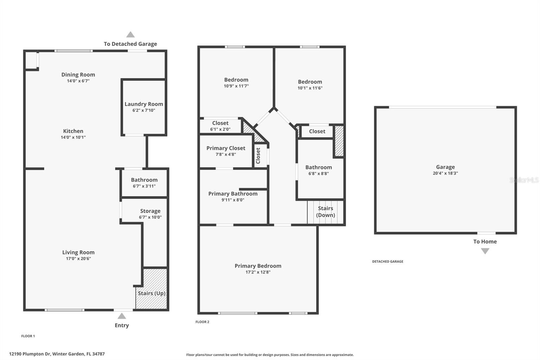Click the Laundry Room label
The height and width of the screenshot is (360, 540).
pos(144,104)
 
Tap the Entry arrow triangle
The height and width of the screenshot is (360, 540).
pos(122,316)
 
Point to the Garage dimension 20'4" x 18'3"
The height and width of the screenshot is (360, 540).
pos(445,173)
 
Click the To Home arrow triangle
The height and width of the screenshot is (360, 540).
pos(485,251)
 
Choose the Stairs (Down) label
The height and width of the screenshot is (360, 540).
pos(325,212)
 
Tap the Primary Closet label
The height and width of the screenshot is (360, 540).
pos(226,148)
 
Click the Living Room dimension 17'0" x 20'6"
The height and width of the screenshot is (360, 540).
pos(78,259)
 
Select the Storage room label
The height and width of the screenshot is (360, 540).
pos(150,211)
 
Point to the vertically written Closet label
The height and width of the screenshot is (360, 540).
pos(258,156)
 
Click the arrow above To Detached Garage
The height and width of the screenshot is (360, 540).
pos(131,34)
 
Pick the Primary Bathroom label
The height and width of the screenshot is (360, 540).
pos(233,194)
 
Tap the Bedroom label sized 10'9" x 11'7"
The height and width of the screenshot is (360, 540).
pos(236,80)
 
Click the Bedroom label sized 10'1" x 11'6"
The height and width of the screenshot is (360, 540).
pos(310,82)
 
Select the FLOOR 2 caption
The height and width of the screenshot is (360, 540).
pos(202,322)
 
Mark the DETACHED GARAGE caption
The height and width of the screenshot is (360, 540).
pos(387,261)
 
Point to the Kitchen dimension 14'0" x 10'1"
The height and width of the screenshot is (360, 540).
pos(73,137)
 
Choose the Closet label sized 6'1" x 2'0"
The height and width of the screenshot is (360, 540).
pos(220,123)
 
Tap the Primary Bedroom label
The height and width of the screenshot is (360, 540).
pos(258,266)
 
